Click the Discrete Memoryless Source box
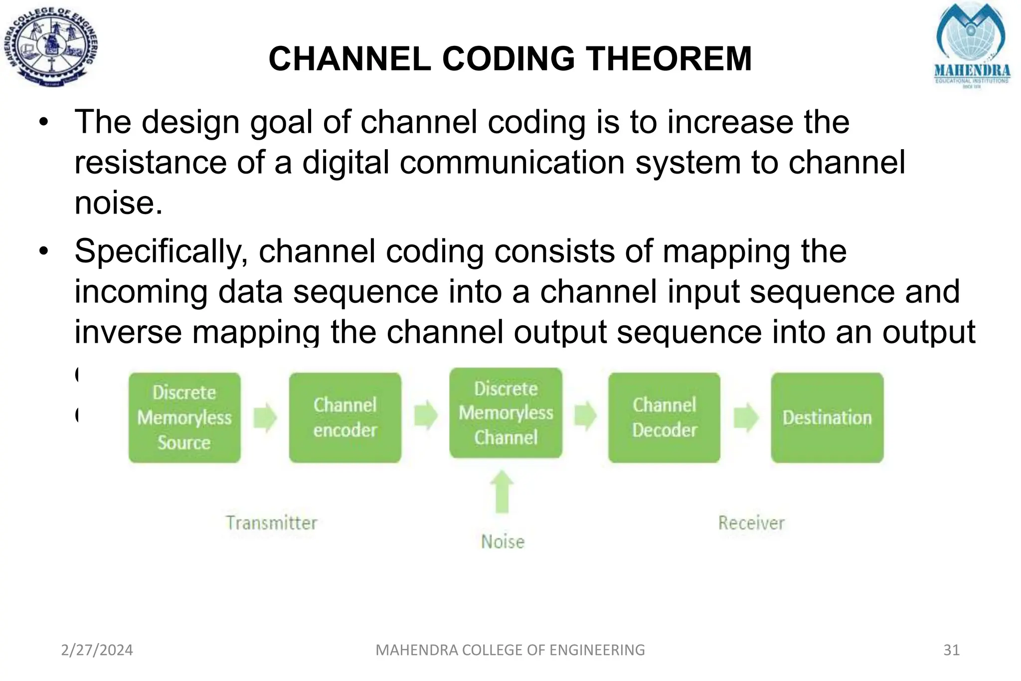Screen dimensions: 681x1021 pyautogui.click(x=184, y=418)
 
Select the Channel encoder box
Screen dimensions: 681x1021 pyautogui.click(x=345, y=418)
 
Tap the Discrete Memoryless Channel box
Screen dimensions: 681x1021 pyautogui.click(x=506, y=413)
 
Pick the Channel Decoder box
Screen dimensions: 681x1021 pyautogui.click(x=664, y=418)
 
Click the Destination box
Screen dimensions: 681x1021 pyautogui.click(x=827, y=418)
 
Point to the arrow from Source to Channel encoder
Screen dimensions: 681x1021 pyautogui.click(x=265, y=417)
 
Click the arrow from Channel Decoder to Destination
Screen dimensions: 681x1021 pyautogui.click(x=746, y=417)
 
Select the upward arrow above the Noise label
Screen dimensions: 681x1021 pyautogui.click(x=502, y=491)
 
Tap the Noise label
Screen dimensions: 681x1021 pyautogui.click(x=503, y=542)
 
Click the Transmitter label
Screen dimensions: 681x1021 pyautogui.click(x=271, y=523)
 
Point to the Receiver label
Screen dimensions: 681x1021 pyautogui.click(x=751, y=523)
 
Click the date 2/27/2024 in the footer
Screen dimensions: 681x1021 pyautogui.click(x=97, y=650)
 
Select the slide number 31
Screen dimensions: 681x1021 pyautogui.click(x=951, y=650)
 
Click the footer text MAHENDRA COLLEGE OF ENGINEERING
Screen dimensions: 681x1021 pyautogui.click(x=510, y=650)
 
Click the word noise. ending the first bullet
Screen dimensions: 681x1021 pyautogui.click(x=119, y=204)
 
